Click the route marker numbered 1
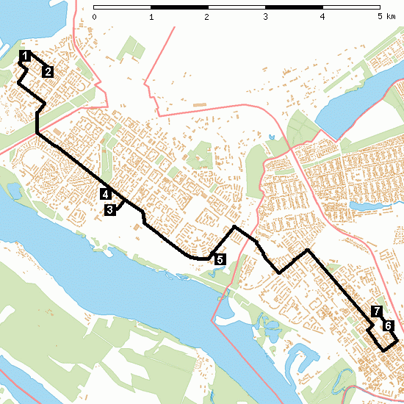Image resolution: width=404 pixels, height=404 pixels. tap(25, 56)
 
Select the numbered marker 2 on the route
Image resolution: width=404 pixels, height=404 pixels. tap(47, 71)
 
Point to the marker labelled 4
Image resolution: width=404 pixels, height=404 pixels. tap(106, 195)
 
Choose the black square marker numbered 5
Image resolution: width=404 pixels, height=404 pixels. tap(219, 259)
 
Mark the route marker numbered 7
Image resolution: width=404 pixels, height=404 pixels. tap(377, 311)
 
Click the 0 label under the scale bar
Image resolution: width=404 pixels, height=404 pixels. tap(95, 16)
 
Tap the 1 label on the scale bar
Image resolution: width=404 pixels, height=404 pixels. tap(151, 16)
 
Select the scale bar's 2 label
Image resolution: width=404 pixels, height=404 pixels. tap(208, 16)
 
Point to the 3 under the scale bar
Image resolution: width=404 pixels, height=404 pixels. tap(265, 16)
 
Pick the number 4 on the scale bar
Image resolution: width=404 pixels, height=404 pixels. tap(322, 16)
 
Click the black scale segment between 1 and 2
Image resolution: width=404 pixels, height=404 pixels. tap(179, 7)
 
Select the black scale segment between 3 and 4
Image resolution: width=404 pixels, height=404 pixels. tap(293, 7)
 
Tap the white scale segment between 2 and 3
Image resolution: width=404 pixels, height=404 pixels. tap(237, 7)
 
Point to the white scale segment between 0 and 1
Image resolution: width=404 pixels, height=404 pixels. tap(123, 7)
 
